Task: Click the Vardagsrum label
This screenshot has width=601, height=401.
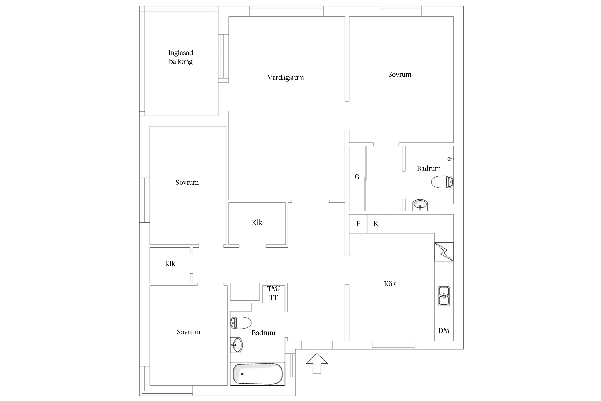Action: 286,78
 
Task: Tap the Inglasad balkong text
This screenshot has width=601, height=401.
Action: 181,57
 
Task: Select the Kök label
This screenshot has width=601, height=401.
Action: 390,283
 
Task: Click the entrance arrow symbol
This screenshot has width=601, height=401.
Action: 317,364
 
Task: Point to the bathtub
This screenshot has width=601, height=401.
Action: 257,374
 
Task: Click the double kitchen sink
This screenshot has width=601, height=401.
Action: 444,296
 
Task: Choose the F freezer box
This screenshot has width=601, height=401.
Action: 358,224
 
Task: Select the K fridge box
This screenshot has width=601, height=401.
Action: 376,224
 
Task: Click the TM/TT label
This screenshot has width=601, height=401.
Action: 273,293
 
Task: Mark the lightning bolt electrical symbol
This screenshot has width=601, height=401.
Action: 444,252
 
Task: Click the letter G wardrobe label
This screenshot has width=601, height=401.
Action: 357,177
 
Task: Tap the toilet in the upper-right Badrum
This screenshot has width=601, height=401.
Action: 442,182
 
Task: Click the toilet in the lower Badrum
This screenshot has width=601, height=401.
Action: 241,323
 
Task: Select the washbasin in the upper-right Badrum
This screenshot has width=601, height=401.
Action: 420,205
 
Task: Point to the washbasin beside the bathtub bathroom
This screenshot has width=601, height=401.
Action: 236,345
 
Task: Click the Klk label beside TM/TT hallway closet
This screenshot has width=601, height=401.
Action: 257,222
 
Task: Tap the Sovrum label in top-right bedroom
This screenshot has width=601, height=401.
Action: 400,74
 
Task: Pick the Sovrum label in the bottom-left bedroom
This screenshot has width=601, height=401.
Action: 188,332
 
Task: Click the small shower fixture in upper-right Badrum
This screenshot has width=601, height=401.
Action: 451,159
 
